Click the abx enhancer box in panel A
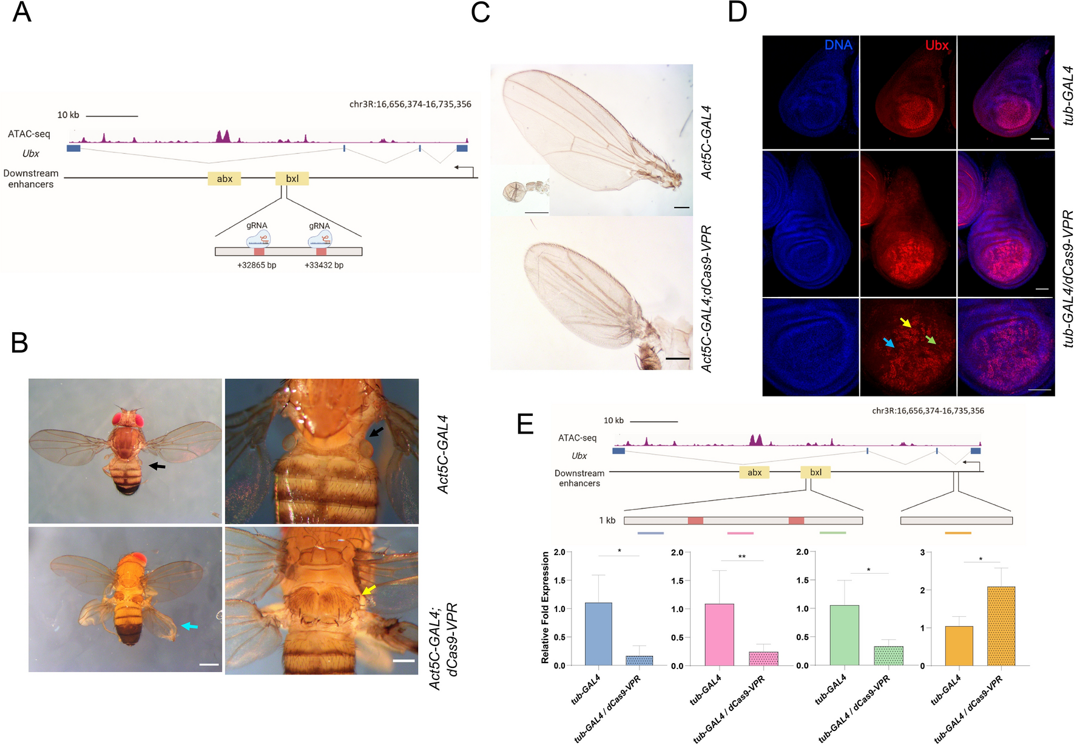click(225, 179)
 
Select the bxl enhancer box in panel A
click(292, 179)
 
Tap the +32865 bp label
click(257, 265)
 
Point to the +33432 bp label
click(324, 265)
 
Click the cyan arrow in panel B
click(189, 626)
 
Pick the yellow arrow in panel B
click(368, 590)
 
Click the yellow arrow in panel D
click(905, 322)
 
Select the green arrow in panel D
click(930, 339)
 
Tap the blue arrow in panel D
click(888, 343)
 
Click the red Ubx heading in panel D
click(936, 46)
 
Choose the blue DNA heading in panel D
click(838, 46)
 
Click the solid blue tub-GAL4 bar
click(598, 634)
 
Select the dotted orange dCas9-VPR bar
click(1001, 626)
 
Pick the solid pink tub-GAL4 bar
click(719, 634)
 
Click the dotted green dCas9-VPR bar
click(888, 656)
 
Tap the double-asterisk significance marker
click(741, 557)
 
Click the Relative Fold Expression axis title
click(545, 607)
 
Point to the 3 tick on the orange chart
click(922, 553)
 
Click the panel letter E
click(525, 424)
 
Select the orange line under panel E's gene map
click(957, 533)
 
